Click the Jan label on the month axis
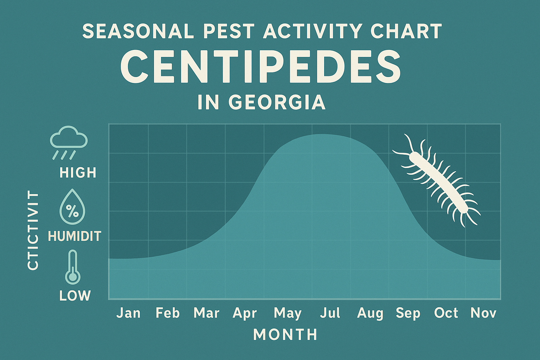click(x=128, y=313)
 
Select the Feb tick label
click(x=168, y=313)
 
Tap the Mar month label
click(x=206, y=313)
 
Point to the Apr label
click(x=245, y=313)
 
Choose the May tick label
click(x=288, y=313)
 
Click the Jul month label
click(x=330, y=313)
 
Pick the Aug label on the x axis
click(x=370, y=313)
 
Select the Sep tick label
click(x=408, y=313)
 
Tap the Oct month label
click(x=446, y=313)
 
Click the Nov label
click(x=483, y=313)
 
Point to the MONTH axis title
click(x=285, y=335)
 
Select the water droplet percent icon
click(x=72, y=207)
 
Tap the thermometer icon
click(x=73, y=267)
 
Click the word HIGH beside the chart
click(x=78, y=173)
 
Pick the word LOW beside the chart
click(x=75, y=296)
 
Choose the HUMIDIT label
click(x=75, y=236)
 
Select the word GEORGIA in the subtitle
click(x=277, y=102)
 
